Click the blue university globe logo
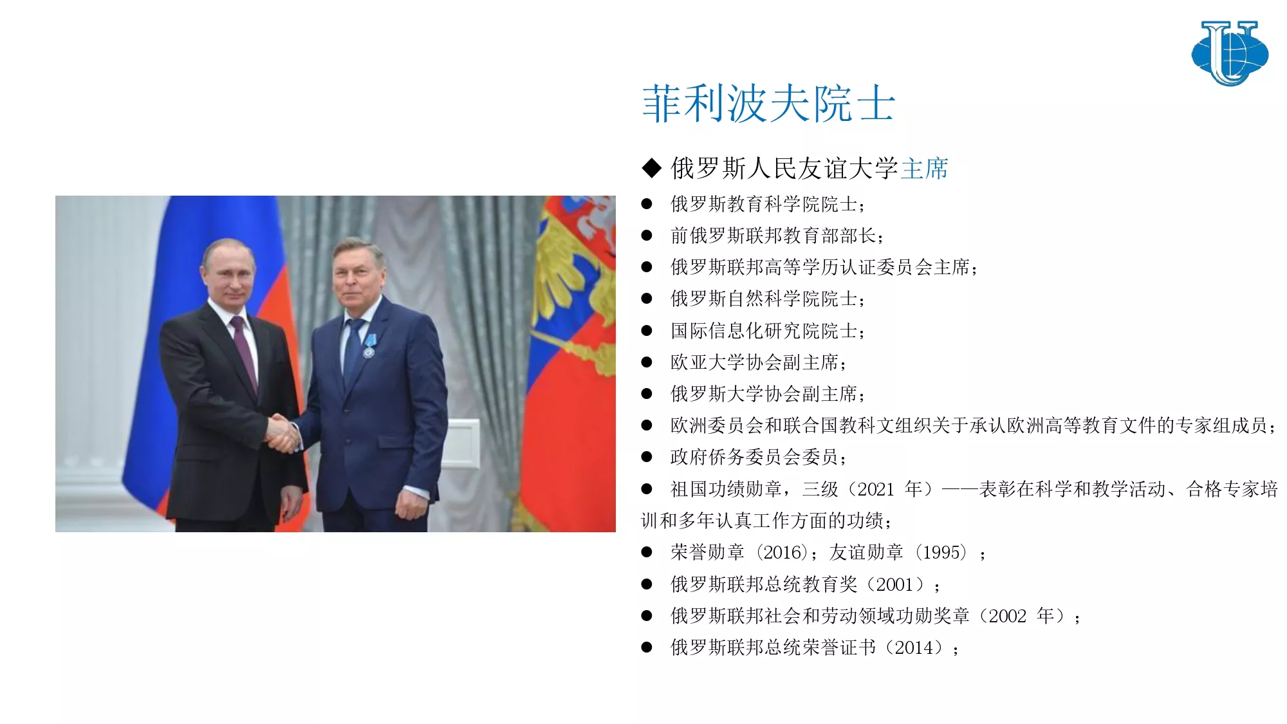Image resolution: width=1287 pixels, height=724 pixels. pyautogui.click(x=1230, y=53)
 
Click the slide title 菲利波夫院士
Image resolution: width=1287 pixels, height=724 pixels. pyautogui.click(x=769, y=104)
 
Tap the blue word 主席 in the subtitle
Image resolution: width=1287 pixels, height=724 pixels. pyautogui.click(x=925, y=169)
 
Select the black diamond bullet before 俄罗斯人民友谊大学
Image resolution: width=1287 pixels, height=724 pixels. pyautogui.click(x=652, y=169)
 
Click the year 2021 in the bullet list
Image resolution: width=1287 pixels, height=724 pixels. pyautogui.click(x=876, y=489)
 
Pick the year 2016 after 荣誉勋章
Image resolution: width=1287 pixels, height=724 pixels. pyautogui.click(x=782, y=552)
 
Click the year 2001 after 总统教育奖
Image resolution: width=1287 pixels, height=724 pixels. pyautogui.click(x=894, y=584)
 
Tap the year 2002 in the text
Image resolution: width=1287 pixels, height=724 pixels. pyautogui.click(x=1007, y=616)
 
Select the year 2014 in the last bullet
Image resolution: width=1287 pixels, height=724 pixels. pyautogui.click(x=913, y=647)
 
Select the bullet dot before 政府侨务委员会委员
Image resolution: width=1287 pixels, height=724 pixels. pyautogui.click(x=647, y=457)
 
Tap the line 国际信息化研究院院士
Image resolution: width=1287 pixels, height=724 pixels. pyautogui.click(x=764, y=331)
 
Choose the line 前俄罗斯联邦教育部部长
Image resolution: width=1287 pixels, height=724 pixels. pyautogui.click(x=773, y=236)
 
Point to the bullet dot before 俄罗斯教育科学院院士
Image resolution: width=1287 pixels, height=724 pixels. pyautogui.click(x=647, y=204)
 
